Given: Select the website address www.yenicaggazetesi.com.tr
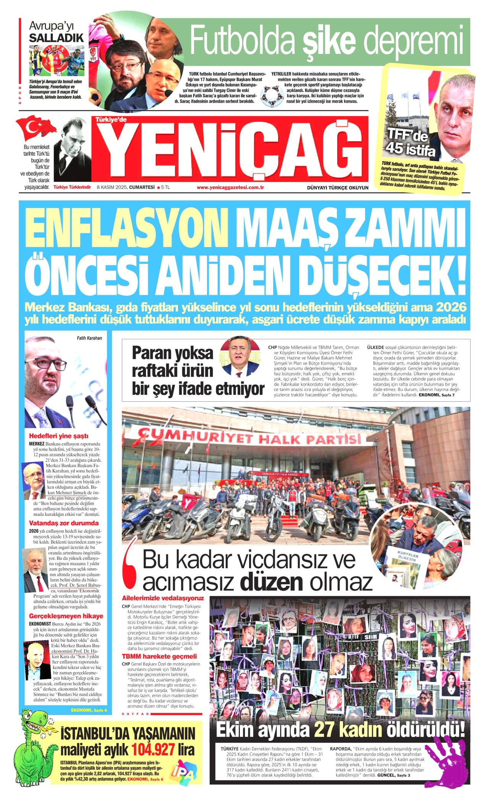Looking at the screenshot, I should tap(230, 187).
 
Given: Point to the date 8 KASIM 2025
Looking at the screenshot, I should tap(112, 187).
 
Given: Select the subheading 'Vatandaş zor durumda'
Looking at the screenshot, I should tap(64, 523).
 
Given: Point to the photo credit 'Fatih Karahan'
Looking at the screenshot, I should tap(87, 338).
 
